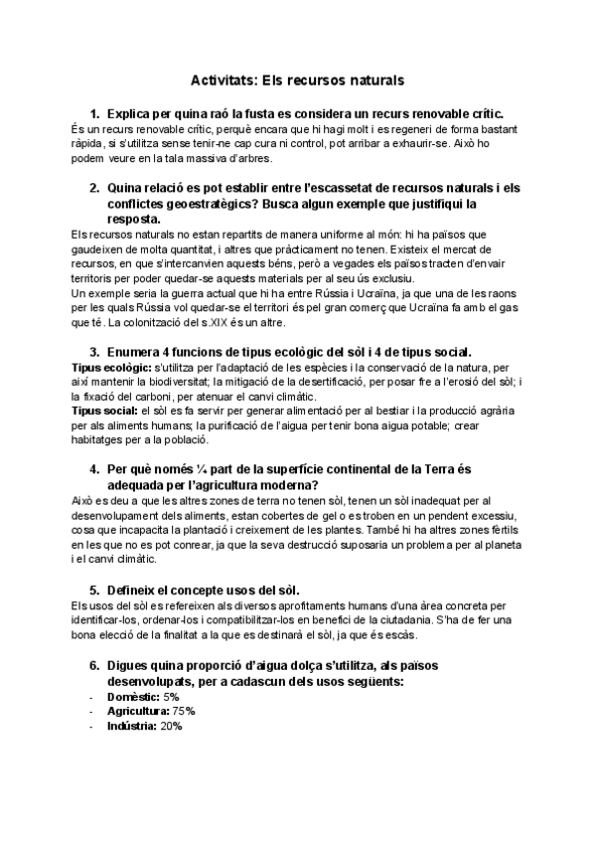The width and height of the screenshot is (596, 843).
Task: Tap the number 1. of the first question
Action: tap(94, 114)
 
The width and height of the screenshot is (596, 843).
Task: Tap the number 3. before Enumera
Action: tap(94, 353)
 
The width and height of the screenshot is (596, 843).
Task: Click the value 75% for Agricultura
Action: tap(183, 712)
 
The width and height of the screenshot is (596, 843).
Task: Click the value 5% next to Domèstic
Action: tap(173, 697)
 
